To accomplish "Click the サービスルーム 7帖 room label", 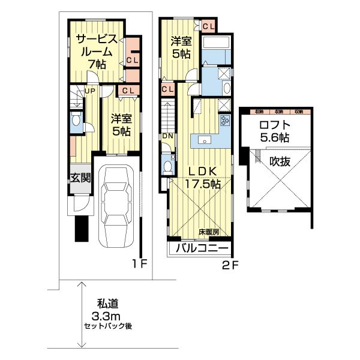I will click(96, 52).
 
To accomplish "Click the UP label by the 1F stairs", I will click(89, 91).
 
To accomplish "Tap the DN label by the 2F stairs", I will click(166, 136).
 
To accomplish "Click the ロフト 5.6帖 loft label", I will click(275, 131).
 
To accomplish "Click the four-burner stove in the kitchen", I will click(225, 120).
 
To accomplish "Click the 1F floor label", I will click(140, 263).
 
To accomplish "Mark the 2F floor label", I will click(230, 263).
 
